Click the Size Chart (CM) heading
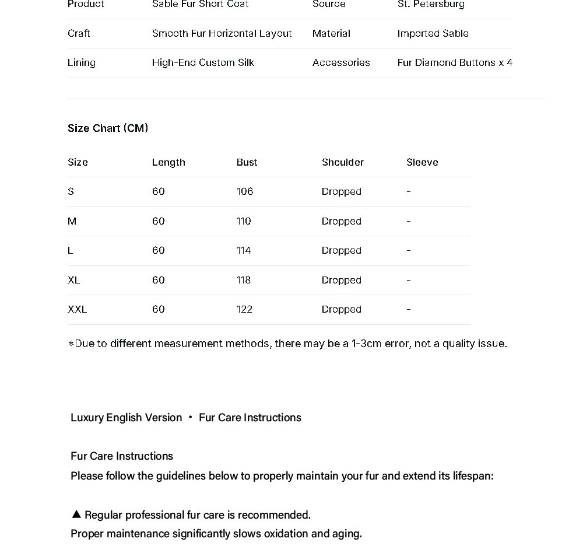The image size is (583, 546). pos(108,128)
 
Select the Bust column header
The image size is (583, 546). pos(247,162)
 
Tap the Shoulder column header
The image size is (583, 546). pos(343,162)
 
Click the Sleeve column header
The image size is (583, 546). pos(422,162)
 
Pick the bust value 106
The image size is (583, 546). pos(245,191)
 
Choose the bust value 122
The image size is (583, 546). pos(244,309)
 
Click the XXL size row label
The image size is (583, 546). pos(77,309)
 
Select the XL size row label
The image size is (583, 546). pos(73,280)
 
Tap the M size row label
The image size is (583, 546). pos(72,221)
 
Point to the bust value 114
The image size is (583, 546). pos(244,250)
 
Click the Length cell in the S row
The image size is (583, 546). pos(159,191)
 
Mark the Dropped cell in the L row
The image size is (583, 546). pos(342,250)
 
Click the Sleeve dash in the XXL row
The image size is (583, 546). pos(409,309)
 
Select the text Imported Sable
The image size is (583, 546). pos(433,33)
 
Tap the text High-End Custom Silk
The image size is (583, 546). pos(203,62)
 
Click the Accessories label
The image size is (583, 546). pos(341,62)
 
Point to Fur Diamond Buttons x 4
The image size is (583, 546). pos(455,62)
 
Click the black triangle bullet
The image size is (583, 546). pos(76,514)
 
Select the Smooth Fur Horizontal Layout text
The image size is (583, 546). pos(222,33)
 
